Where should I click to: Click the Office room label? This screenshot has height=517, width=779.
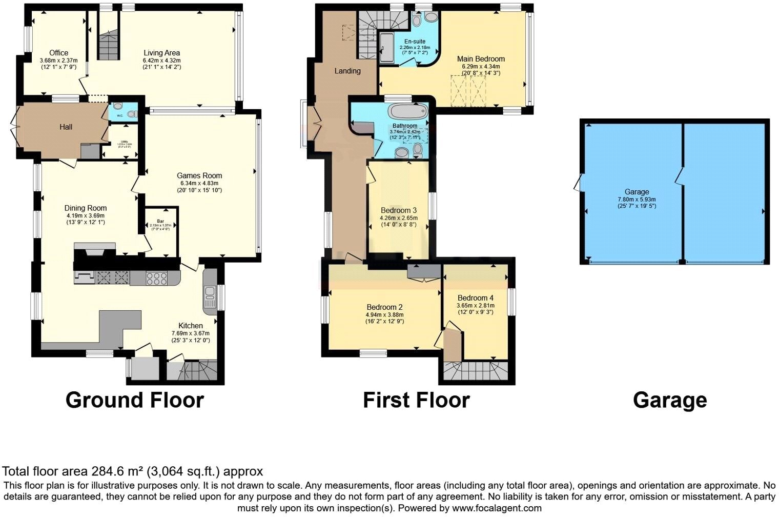[58, 53]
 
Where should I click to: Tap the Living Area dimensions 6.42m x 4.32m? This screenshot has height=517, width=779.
[161, 61]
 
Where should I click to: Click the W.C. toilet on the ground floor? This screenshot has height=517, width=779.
[118, 106]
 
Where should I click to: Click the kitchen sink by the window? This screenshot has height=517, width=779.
[210, 293]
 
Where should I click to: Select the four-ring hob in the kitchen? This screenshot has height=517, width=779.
[157, 278]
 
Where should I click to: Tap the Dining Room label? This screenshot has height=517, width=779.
[86, 208]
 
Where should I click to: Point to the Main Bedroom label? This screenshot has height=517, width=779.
[481, 59]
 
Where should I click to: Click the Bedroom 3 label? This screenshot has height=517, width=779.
[398, 210]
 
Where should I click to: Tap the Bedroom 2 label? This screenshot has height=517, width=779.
[384, 307]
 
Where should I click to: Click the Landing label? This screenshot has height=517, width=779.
[347, 71]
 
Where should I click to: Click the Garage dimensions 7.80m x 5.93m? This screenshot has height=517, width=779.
[637, 200]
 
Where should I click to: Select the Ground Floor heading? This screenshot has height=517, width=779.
[135, 400]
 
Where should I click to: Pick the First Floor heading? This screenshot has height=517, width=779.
[416, 400]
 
